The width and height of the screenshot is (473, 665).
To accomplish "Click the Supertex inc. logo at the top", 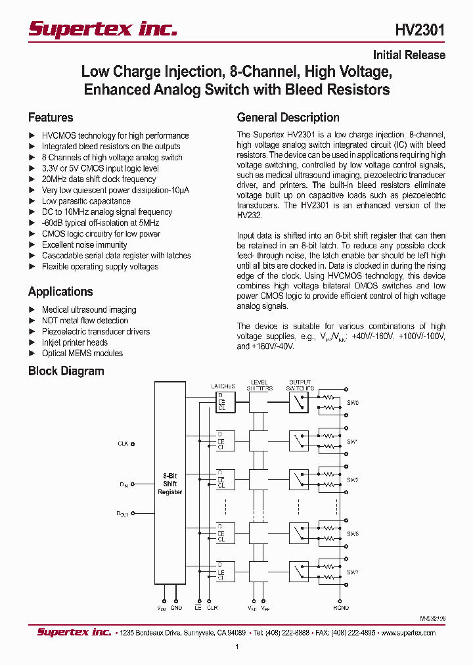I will click(x=102, y=30).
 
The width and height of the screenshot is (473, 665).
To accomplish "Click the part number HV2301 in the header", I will click(x=420, y=30).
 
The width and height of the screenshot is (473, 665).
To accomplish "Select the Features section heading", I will click(x=51, y=118).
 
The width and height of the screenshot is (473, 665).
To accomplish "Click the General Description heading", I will click(x=288, y=118).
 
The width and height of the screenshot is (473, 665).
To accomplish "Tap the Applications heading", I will click(x=60, y=292).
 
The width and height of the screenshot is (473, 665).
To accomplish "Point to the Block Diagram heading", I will click(x=66, y=371).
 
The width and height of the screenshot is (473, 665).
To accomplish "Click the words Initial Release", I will click(x=409, y=55).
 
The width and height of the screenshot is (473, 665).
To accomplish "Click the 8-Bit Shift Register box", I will click(x=170, y=483).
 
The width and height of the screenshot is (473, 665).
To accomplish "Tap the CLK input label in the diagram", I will click(x=123, y=444).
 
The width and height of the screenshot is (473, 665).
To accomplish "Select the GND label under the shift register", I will click(x=176, y=608).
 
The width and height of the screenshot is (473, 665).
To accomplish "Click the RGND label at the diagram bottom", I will click(x=340, y=608).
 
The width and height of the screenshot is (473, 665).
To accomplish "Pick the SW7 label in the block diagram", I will click(x=353, y=573).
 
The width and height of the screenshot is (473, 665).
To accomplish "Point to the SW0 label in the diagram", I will click(x=353, y=402).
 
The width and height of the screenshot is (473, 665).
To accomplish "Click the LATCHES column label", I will click(x=223, y=386).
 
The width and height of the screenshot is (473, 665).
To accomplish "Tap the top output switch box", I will click(x=298, y=402).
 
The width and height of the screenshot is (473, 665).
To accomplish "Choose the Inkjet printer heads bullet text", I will click(x=74, y=342).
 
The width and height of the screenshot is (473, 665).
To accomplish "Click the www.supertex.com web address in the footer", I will click(x=408, y=633).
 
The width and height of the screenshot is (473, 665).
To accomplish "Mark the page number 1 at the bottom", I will click(x=236, y=647).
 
